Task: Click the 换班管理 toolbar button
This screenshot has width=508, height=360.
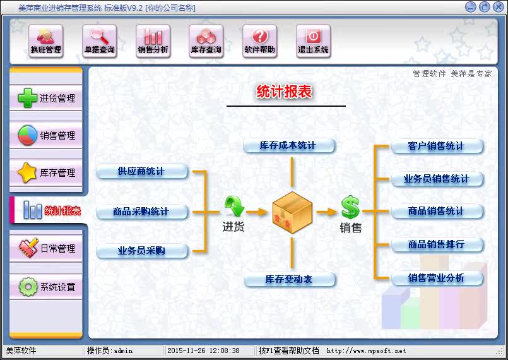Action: tap(46, 42)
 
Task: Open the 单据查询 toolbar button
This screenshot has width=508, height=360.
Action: tap(100, 42)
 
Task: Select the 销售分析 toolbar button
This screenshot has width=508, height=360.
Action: tap(153, 42)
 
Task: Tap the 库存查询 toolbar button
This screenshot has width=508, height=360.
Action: tap(206, 42)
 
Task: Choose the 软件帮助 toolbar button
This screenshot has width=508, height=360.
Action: tap(260, 42)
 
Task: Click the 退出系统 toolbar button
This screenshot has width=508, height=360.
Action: tap(314, 42)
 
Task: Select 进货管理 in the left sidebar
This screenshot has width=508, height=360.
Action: tap(47, 99)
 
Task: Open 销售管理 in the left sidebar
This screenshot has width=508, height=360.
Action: tap(47, 136)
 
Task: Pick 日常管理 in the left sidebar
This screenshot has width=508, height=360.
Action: tap(47, 249)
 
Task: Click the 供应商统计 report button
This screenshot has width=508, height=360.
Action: tap(141, 171)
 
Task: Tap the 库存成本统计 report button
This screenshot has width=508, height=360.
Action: tap(288, 146)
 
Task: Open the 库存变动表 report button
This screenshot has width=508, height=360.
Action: tap(288, 279)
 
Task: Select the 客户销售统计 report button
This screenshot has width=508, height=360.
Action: tap(436, 147)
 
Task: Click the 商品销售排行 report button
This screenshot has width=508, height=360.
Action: tap(436, 244)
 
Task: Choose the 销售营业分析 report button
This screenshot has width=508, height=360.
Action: tap(436, 278)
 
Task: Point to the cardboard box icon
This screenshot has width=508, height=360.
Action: tap(292, 211)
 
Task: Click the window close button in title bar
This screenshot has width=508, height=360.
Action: tap(497, 7)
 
